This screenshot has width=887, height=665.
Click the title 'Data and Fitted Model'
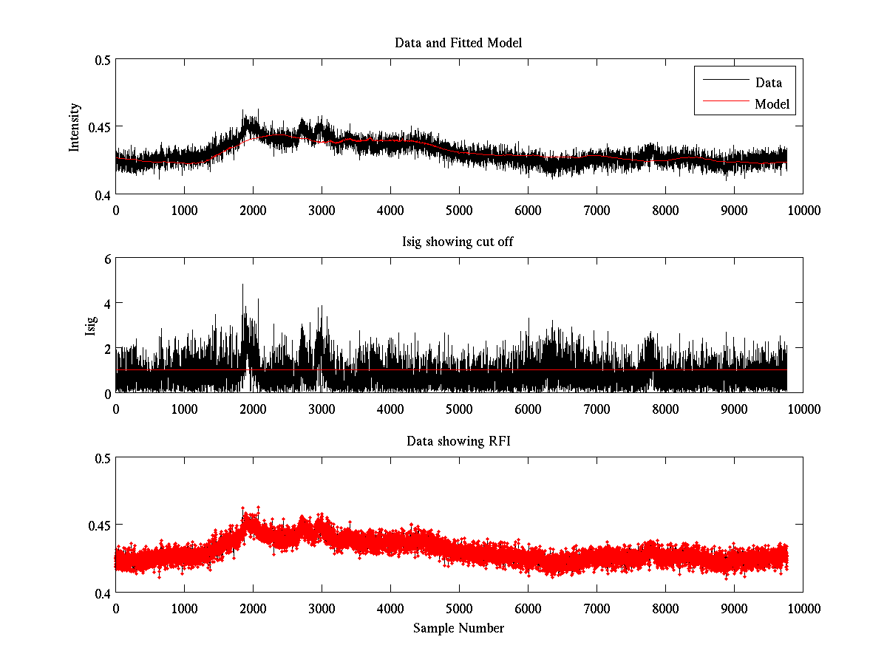click(x=458, y=43)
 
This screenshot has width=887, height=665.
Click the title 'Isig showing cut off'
click(x=458, y=242)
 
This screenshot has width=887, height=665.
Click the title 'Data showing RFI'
click(x=458, y=441)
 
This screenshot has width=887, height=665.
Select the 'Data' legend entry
click(x=768, y=83)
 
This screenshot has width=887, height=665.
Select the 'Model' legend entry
click(x=772, y=104)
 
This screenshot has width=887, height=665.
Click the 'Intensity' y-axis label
click(x=74, y=127)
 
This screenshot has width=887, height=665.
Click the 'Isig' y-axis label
click(x=90, y=326)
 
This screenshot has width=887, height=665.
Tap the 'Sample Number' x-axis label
click(x=458, y=628)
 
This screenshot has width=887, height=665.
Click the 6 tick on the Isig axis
click(x=107, y=259)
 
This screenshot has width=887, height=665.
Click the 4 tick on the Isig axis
click(x=107, y=304)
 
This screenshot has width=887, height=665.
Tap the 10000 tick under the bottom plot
click(x=803, y=608)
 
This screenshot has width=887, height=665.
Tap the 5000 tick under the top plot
click(x=458, y=210)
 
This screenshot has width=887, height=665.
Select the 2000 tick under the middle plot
click(x=253, y=409)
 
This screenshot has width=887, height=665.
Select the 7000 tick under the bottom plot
click(x=597, y=608)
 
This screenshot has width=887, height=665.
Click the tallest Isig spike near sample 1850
click(x=242, y=285)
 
